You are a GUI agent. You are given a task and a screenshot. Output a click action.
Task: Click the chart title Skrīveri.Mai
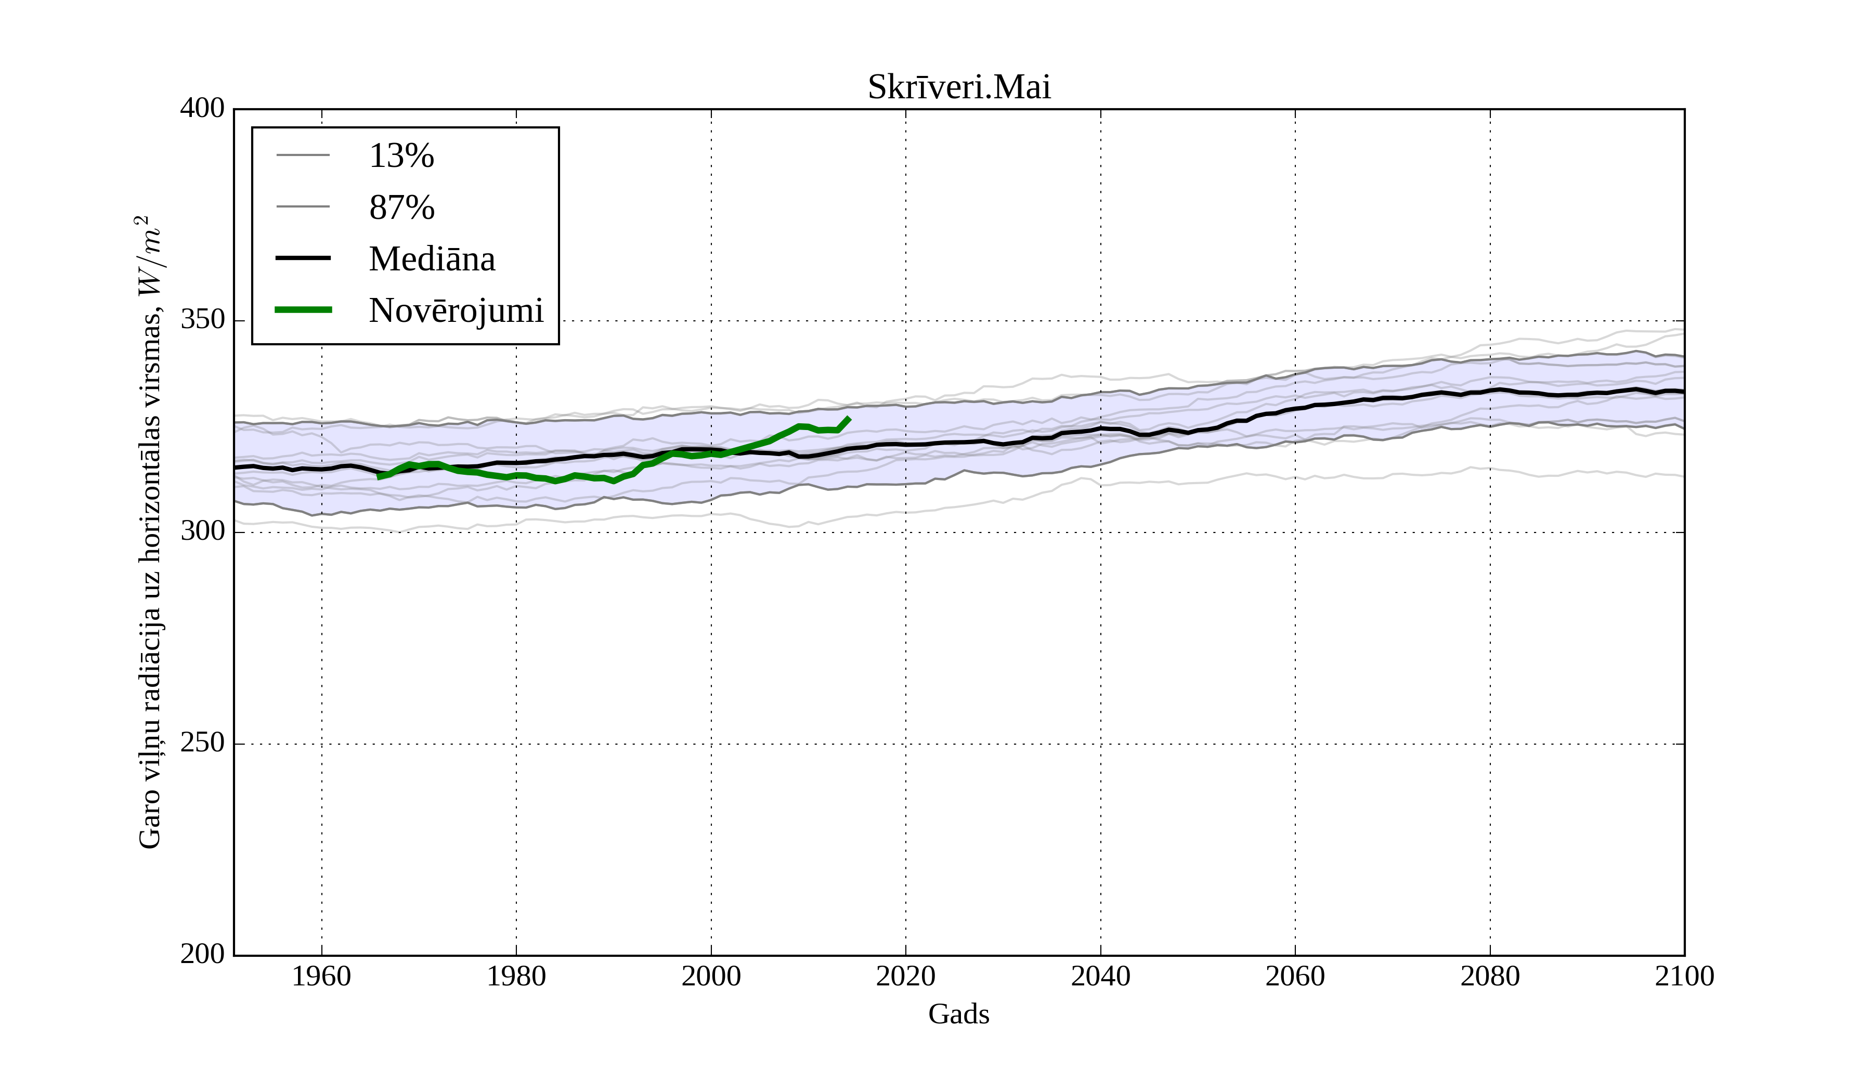pyautogui.click(x=958, y=88)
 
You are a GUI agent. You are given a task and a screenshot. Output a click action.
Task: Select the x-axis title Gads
pyautogui.click(x=958, y=1015)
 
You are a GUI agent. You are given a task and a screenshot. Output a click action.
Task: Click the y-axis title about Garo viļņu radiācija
pyautogui.click(x=150, y=532)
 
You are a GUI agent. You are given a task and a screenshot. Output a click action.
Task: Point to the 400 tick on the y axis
pyautogui.click(x=202, y=109)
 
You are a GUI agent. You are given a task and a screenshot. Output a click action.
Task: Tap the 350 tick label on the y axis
pyautogui.click(x=202, y=320)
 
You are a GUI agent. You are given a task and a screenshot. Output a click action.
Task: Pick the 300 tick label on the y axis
pyautogui.click(x=202, y=532)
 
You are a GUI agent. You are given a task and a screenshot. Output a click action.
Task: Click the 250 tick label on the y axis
pyautogui.click(x=202, y=743)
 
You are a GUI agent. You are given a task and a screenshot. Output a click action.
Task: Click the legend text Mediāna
pyautogui.click(x=432, y=259)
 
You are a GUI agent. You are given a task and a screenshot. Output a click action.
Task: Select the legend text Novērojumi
pyautogui.click(x=456, y=310)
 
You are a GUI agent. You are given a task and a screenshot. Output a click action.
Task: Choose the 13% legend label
pyautogui.click(x=401, y=156)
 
